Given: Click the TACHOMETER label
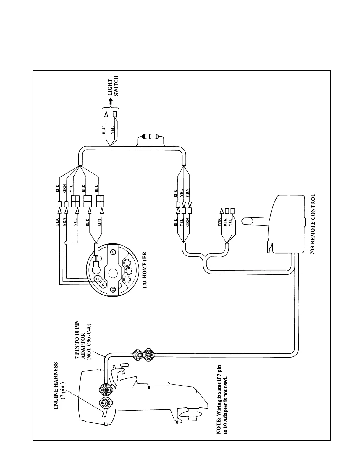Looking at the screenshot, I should tap(145, 270).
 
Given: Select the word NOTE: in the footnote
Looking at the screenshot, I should tap(219, 427).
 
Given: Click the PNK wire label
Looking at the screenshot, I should tap(219, 222).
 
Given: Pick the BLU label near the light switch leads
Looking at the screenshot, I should tap(104, 130).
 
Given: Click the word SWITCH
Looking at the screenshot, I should tap(116, 86).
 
